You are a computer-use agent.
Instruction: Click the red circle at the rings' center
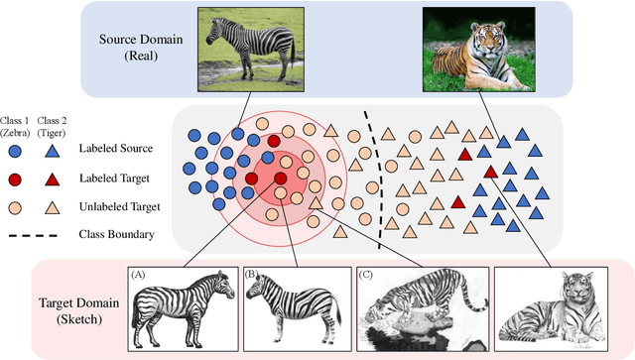281,179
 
